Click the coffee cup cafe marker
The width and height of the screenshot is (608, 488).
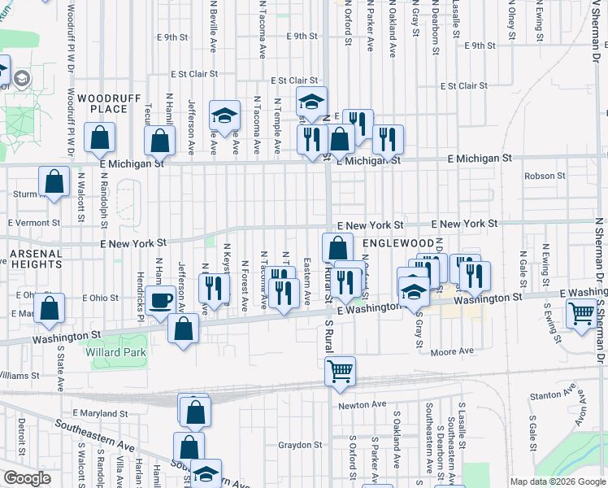pyautogui.click(x=159, y=301)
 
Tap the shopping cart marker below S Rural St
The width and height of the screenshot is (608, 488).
pyautogui.click(x=340, y=371)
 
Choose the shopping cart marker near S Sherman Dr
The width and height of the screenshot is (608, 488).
pyautogui.click(x=582, y=313)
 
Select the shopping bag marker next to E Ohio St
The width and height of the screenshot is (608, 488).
pyautogui.click(x=50, y=308)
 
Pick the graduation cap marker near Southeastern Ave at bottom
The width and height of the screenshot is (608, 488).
pyautogui.click(x=206, y=473)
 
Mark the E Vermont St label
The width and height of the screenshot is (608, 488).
pyautogui.click(x=34, y=222)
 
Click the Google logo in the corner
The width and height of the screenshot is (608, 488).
pyautogui.click(x=27, y=477)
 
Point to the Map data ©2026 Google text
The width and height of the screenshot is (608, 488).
pyautogui.click(x=557, y=481)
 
